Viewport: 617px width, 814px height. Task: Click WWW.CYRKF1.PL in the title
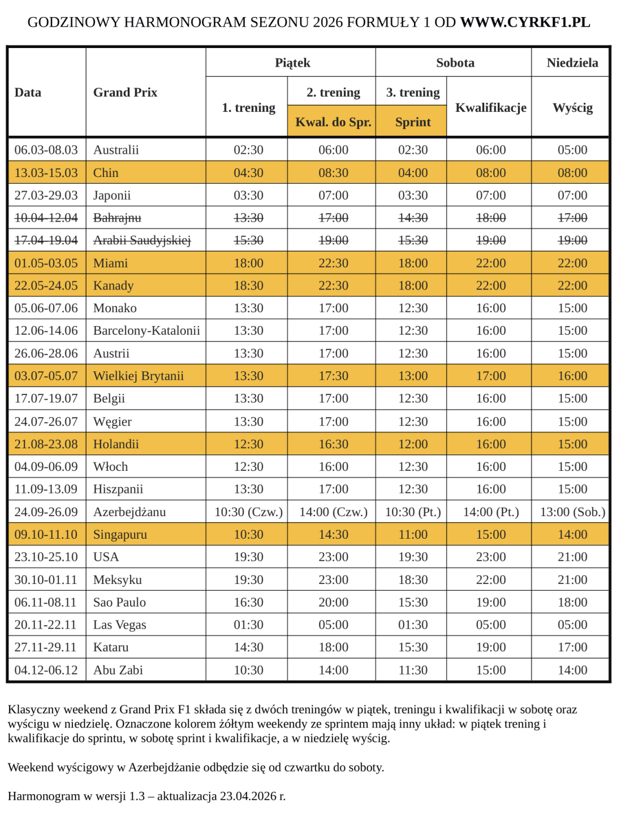click(x=525, y=23)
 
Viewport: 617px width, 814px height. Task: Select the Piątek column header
click(x=292, y=63)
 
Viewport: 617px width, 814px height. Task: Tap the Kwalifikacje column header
click(x=490, y=107)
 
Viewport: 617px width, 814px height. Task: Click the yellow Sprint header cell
click(x=413, y=122)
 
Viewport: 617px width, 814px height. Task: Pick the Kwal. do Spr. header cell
click(x=333, y=122)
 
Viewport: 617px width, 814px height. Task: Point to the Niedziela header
click(x=572, y=63)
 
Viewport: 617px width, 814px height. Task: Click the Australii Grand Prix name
click(x=116, y=150)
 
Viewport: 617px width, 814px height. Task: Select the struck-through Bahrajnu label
click(x=117, y=218)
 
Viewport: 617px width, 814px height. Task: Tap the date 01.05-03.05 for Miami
click(x=46, y=263)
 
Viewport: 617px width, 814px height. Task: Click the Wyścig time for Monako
click(x=572, y=308)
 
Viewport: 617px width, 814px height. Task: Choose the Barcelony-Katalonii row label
click(x=146, y=331)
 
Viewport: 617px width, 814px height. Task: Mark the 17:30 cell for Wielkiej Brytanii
click(x=333, y=376)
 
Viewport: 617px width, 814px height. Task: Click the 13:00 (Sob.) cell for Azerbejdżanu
click(x=572, y=512)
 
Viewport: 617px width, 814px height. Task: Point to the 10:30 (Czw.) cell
click(x=248, y=512)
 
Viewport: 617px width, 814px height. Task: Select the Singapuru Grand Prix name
click(x=120, y=535)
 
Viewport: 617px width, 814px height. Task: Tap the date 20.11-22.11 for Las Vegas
click(x=46, y=625)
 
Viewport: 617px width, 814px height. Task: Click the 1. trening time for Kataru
click(x=248, y=647)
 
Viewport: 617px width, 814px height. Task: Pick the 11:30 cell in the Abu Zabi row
click(x=413, y=670)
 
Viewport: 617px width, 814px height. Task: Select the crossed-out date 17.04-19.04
click(x=46, y=240)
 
